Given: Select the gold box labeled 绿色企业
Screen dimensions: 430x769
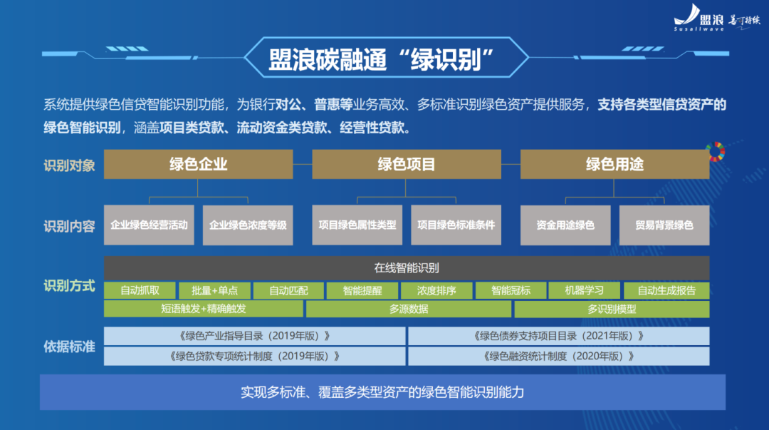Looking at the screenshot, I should coord(198,164).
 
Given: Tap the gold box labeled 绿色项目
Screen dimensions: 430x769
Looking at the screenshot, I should coord(406,164).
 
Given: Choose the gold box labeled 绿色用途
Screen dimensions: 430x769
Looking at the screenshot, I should coord(614,164).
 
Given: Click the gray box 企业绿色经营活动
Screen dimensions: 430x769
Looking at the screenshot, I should coord(149,225).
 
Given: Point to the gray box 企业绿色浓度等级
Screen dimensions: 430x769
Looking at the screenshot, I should coord(248,225).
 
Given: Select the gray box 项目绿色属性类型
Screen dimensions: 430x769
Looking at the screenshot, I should coord(357,225).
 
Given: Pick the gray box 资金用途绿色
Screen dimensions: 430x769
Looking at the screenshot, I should coord(565,225).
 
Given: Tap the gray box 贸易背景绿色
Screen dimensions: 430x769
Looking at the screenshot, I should coord(664,225).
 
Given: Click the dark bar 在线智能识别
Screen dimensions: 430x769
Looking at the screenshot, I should coord(407,268).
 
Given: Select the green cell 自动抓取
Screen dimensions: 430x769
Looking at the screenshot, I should coord(139,290).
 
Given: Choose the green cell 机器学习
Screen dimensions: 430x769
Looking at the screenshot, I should coord(584,290).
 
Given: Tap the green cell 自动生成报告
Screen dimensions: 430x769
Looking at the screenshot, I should coord(666,290).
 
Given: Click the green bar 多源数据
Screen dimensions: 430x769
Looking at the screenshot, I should coord(409,309).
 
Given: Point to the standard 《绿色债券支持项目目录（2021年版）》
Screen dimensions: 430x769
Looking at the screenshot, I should coord(558,336).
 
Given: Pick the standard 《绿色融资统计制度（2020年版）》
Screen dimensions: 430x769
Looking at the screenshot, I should coord(558,356).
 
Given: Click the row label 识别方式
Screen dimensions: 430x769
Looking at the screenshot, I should coord(69,287).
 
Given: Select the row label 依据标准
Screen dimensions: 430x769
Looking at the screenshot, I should coord(69,347).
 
